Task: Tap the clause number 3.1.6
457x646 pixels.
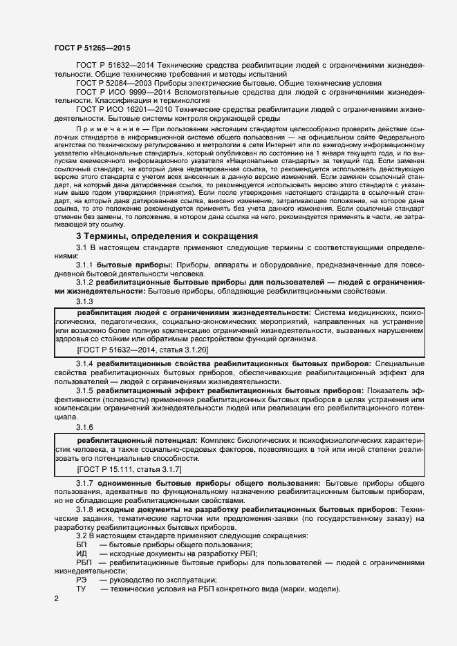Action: click(x=85, y=427)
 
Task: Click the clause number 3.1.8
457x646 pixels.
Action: click(x=85, y=509)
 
